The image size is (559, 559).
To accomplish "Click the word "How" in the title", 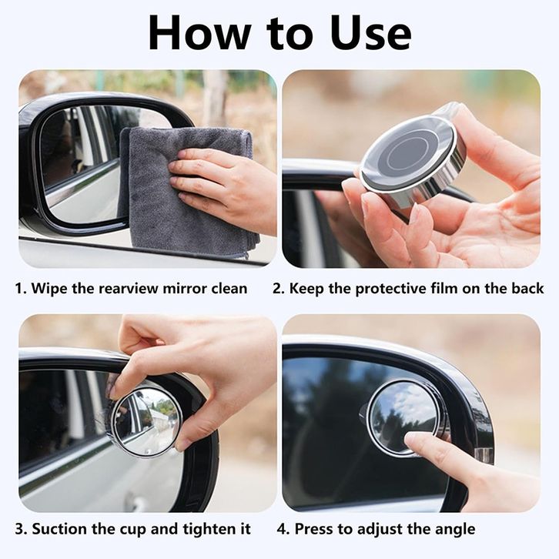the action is coord(199,33).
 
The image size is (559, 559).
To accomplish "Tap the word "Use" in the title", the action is coord(370,33).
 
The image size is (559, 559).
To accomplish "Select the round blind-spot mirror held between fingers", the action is coord(413,156).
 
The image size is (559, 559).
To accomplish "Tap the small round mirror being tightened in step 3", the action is coord(147,420).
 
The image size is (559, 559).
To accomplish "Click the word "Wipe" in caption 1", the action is coord(49,288).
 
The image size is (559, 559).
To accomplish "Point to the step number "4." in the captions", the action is coord(284,529).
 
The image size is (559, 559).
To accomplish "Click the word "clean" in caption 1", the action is coord(229,288).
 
